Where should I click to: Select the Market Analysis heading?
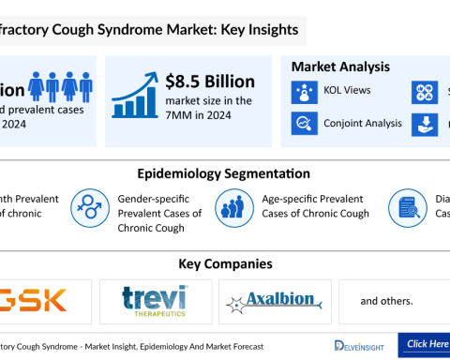coord(341,67)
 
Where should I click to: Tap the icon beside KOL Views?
coord(307,92)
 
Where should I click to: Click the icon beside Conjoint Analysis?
coord(307,123)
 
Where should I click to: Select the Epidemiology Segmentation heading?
coord(224,174)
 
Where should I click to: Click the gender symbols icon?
coord(90,206)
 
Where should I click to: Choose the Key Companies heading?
coord(224,264)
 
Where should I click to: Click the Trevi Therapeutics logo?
coord(156,302)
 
